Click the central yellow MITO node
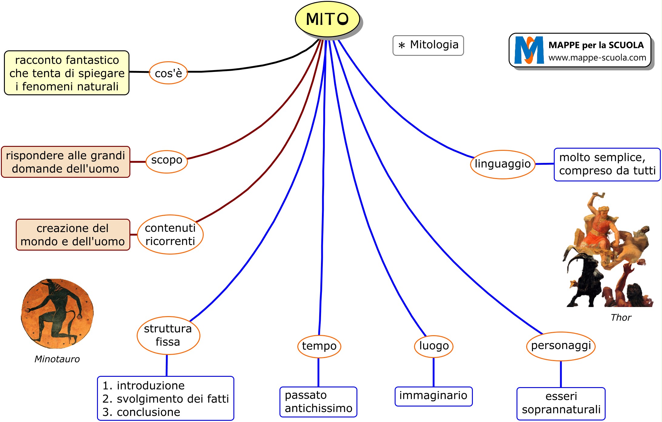coord(327,19)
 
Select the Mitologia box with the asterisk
coord(428,45)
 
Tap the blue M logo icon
coord(529,50)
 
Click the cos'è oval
coord(168,73)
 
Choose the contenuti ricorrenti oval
coord(170,234)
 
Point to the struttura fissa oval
coord(168,335)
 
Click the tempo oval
coord(319,346)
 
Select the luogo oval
coord(433,346)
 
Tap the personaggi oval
coord(561,346)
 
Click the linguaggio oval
coord(503,164)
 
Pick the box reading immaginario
coord(433,396)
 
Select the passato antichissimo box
coord(318,402)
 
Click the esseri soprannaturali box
coord(561,403)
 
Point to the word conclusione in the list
coord(149,412)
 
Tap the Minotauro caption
coord(57,359)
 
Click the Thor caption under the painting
coord(621,318)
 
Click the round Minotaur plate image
coord(57,313)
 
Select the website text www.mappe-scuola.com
coord(597,58)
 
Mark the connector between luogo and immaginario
coord(433,372)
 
